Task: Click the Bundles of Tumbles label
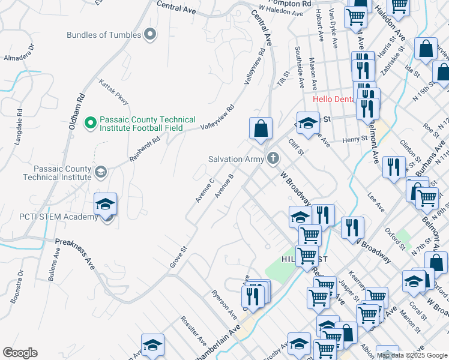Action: click(104, 35)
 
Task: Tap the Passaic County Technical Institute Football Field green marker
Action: click(90, 123)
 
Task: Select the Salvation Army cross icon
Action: click(273, 158)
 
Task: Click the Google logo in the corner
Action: click(20, 353)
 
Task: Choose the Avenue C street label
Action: click(205, 190)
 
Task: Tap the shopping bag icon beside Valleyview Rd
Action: click(261, 128)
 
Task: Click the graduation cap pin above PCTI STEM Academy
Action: click(106, 204)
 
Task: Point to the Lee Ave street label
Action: click(376, 205)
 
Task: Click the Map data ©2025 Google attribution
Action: click(412, 355)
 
